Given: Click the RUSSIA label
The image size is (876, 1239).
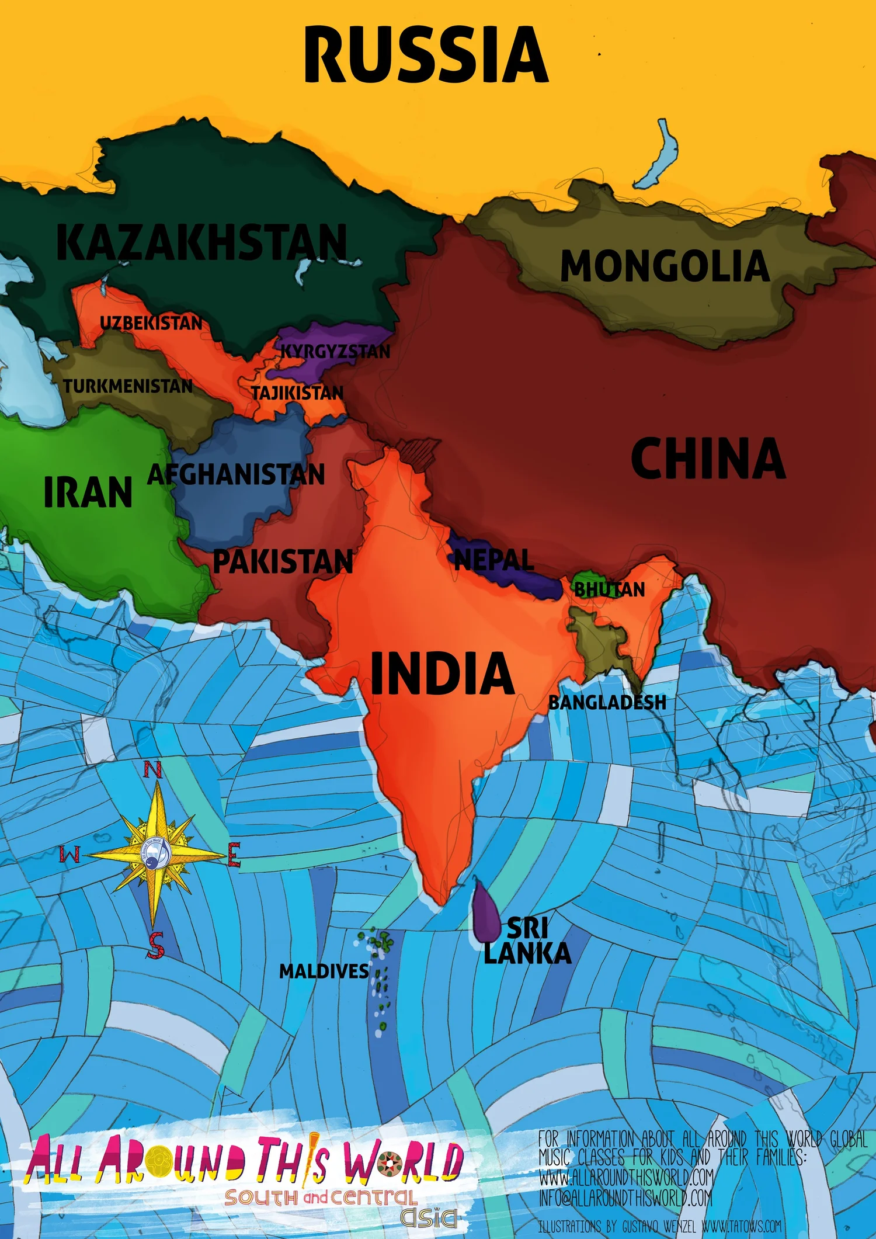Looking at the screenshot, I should (426, 55).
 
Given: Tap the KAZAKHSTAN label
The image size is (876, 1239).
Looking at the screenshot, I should (201, 242).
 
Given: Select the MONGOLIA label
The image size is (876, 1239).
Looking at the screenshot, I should (665, 266).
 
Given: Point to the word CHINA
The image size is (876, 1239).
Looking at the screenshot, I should (708, 459).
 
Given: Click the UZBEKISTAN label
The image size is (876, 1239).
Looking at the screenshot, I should (151, 323).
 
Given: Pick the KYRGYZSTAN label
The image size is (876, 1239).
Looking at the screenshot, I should (335, 352).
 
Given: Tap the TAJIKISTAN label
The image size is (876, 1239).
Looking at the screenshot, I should (297, 393).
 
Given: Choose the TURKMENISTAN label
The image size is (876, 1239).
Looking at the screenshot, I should (128, 386).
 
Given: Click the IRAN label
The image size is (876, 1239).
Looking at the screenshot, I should (88, 492).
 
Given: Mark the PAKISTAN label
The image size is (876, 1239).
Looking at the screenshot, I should (283, 561).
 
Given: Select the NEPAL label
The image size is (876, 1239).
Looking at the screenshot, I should (493, 560).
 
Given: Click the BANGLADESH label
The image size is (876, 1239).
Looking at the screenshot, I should (607, 702).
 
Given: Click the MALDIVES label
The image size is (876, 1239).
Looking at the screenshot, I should (324, 971).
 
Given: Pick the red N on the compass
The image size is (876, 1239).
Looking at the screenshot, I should (153, 771).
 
